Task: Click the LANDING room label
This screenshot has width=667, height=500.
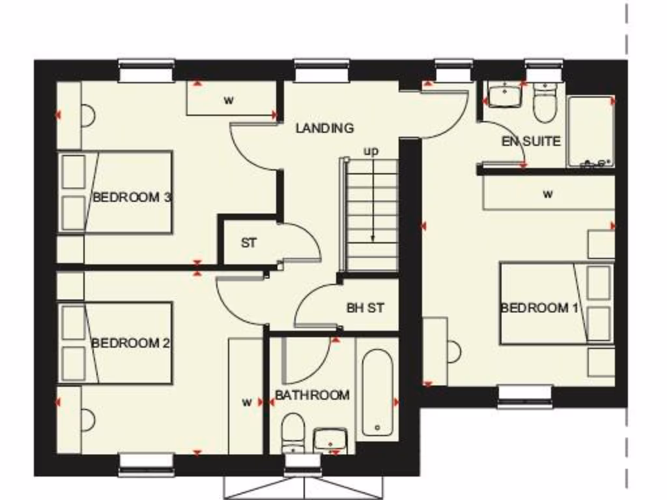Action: tap(324, 128)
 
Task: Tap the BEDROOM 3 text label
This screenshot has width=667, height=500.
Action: tap(132, 197)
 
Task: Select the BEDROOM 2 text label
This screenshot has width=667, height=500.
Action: tap(130, 343)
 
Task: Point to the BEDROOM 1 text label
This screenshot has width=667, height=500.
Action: tap(539, 308)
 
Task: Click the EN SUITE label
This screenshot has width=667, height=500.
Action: tap(531, 141)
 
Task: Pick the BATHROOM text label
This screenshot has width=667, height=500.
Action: tap(312, 395)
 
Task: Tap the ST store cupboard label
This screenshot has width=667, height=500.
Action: tap(248, 243)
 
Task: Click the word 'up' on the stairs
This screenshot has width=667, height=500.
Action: tap(371, 151)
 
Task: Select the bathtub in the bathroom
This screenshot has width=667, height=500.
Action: tap(376, 393)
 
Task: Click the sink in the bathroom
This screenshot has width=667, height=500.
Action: tap(332, 440)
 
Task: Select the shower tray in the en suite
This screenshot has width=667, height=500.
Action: tap(590, 132)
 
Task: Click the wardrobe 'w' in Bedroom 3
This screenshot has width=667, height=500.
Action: tap(229, 100)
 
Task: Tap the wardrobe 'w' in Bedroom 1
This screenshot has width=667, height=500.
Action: tap(548, 194)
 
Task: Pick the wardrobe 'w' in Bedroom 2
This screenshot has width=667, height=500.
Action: tap(246, 402)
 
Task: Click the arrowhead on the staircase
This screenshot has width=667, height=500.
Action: tap(373, 238)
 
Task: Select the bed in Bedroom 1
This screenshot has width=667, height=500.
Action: tap(557, 303)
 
